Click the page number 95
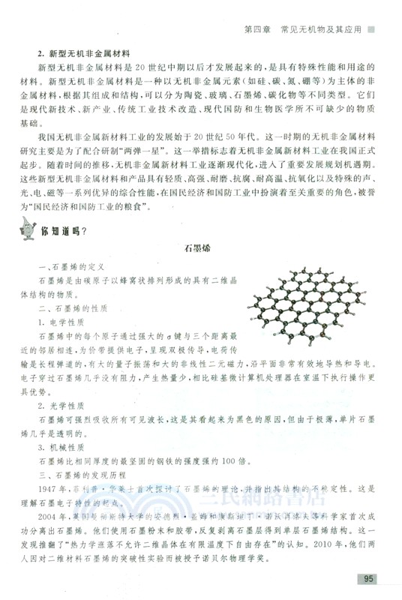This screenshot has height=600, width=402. coord(368,578)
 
